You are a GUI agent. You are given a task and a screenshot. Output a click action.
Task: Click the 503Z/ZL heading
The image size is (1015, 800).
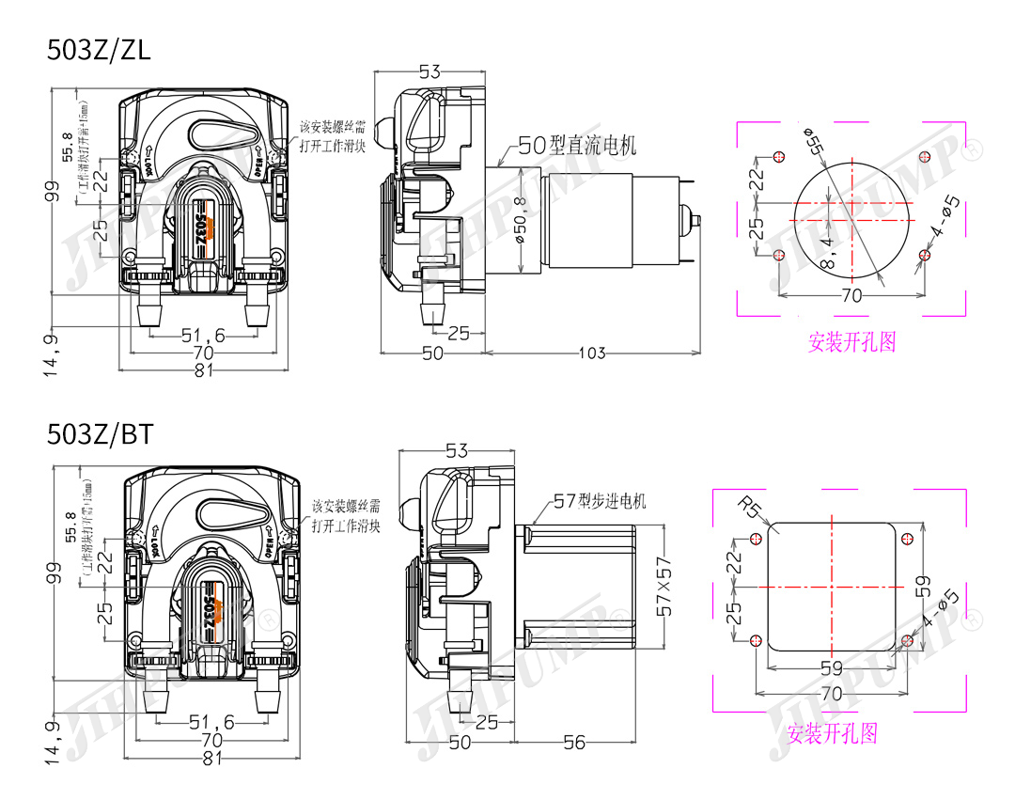point(98,51)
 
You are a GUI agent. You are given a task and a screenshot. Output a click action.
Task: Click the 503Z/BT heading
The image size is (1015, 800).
point(100,434)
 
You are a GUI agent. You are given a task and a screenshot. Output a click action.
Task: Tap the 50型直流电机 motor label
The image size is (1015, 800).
point(577,145)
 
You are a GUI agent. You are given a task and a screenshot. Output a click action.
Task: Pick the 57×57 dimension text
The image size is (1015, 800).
point(666,585)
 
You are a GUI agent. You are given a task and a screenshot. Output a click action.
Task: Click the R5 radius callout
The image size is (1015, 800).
point(749,509)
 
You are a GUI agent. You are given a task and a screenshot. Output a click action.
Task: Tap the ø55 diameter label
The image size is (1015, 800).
point(813,138)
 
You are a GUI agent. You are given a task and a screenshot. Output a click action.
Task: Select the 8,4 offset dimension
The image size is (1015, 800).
point(827,252)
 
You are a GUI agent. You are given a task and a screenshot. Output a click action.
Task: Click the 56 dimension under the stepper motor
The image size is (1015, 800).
point(573,743)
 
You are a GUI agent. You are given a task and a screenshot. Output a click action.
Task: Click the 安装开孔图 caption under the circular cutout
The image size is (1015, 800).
point(851,341)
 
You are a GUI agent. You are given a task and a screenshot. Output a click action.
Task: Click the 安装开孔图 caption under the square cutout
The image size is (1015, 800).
point(832,732)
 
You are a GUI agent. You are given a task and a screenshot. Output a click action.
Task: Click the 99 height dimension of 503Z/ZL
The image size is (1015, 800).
point(53,191)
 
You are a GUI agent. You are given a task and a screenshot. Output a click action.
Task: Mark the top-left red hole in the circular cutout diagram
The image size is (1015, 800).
point(777,156)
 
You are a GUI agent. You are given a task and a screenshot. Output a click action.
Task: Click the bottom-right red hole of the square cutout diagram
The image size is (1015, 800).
point(907,641)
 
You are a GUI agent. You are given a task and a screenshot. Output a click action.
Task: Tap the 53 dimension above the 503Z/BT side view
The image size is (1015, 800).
point(456,451)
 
